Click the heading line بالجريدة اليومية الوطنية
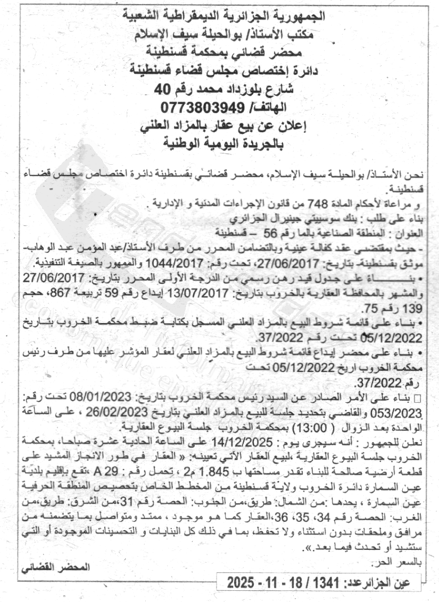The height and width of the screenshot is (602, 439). click(219, 143)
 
